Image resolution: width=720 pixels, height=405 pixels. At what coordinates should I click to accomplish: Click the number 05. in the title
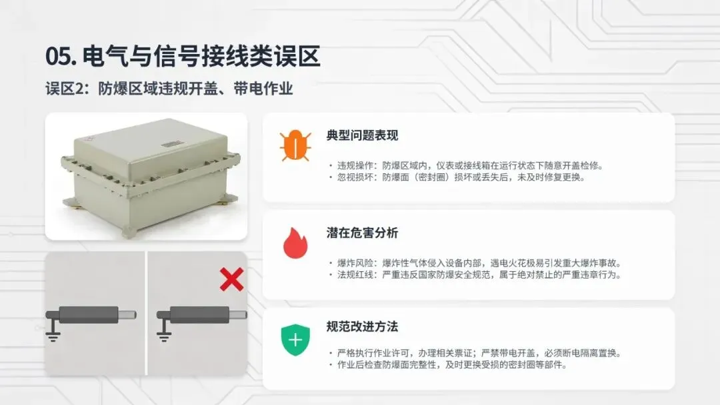61,57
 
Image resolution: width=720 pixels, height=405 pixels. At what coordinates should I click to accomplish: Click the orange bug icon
295,146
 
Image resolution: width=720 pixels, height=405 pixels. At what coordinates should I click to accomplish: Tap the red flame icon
295,243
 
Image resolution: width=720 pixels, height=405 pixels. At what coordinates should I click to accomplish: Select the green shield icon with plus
295,340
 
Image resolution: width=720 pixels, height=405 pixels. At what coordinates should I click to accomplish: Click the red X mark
231,280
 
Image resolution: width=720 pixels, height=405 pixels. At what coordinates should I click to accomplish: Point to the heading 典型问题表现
362,135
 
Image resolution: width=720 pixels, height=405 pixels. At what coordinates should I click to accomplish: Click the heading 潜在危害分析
362,233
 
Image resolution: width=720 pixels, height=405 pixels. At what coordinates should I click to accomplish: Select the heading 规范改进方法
362,326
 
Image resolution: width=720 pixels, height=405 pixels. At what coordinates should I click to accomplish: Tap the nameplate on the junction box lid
172,145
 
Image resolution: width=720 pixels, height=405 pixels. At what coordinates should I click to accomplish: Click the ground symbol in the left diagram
53,332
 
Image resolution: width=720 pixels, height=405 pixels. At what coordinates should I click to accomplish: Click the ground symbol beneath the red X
164,332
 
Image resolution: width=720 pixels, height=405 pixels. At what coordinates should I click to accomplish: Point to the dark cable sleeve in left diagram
89,314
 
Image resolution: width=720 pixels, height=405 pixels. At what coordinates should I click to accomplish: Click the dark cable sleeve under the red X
200,314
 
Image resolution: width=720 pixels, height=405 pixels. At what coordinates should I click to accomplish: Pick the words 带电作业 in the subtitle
263,89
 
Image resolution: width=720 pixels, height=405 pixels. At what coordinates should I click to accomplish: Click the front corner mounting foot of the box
130,232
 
